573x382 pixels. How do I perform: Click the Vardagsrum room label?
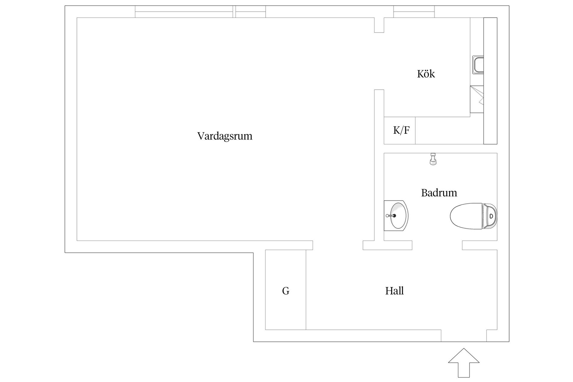pos(225,136)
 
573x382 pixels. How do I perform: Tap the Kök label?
pos(426,74)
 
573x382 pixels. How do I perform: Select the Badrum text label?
pos(439,193)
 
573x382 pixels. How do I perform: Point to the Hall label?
pos(394,291)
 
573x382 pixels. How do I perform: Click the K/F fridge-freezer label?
pos(401,130)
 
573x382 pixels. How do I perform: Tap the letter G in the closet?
pos(286,291)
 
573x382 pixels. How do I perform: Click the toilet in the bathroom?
pos(473,216)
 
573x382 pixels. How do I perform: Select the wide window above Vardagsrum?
pos(184,12)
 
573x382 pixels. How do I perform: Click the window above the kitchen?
pos(414,12)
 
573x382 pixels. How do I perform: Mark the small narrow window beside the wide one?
pos(251,12)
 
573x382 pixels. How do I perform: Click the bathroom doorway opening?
pos(437,245)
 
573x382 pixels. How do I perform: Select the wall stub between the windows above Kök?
pos(379,25)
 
